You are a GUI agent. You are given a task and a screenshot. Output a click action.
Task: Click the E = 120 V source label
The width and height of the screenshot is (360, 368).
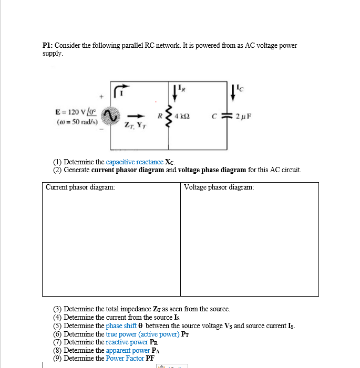click(x=73, y=112)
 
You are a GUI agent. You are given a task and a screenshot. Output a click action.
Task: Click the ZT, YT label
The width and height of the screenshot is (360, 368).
click(x=132, y=125)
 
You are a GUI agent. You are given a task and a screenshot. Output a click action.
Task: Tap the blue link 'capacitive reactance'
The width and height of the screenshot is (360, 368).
click(x=135, y=162)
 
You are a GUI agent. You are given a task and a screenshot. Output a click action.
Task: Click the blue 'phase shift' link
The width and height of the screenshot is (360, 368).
click(x=124, y=326)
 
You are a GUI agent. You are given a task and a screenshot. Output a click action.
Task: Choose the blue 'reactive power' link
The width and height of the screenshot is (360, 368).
click(x=124, y=342)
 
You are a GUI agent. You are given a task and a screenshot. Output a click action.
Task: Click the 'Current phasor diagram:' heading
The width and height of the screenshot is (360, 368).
click(x=80, y=187)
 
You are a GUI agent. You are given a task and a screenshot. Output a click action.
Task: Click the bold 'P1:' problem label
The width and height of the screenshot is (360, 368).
click(x=48, y=46)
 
